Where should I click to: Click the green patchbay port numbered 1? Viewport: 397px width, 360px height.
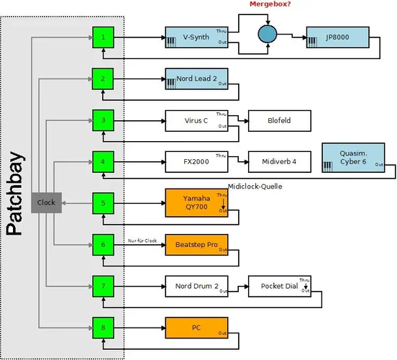103,37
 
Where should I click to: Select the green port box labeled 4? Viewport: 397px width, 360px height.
103,161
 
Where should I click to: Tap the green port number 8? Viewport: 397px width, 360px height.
103,328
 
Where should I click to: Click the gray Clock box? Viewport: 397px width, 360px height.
46,203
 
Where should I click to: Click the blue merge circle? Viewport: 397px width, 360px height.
268,33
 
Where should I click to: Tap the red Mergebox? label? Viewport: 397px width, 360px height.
271,5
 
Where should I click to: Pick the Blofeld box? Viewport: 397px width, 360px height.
280,120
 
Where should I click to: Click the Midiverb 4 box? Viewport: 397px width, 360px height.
280,162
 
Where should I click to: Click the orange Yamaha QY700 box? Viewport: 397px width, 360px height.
196,203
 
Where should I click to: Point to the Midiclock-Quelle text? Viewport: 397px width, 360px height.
255,186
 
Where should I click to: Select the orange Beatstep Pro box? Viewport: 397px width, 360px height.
196,245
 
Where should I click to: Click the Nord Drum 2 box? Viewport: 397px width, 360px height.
196,287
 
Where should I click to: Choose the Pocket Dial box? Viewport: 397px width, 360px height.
280,287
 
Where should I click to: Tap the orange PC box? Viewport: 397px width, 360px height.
196,328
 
